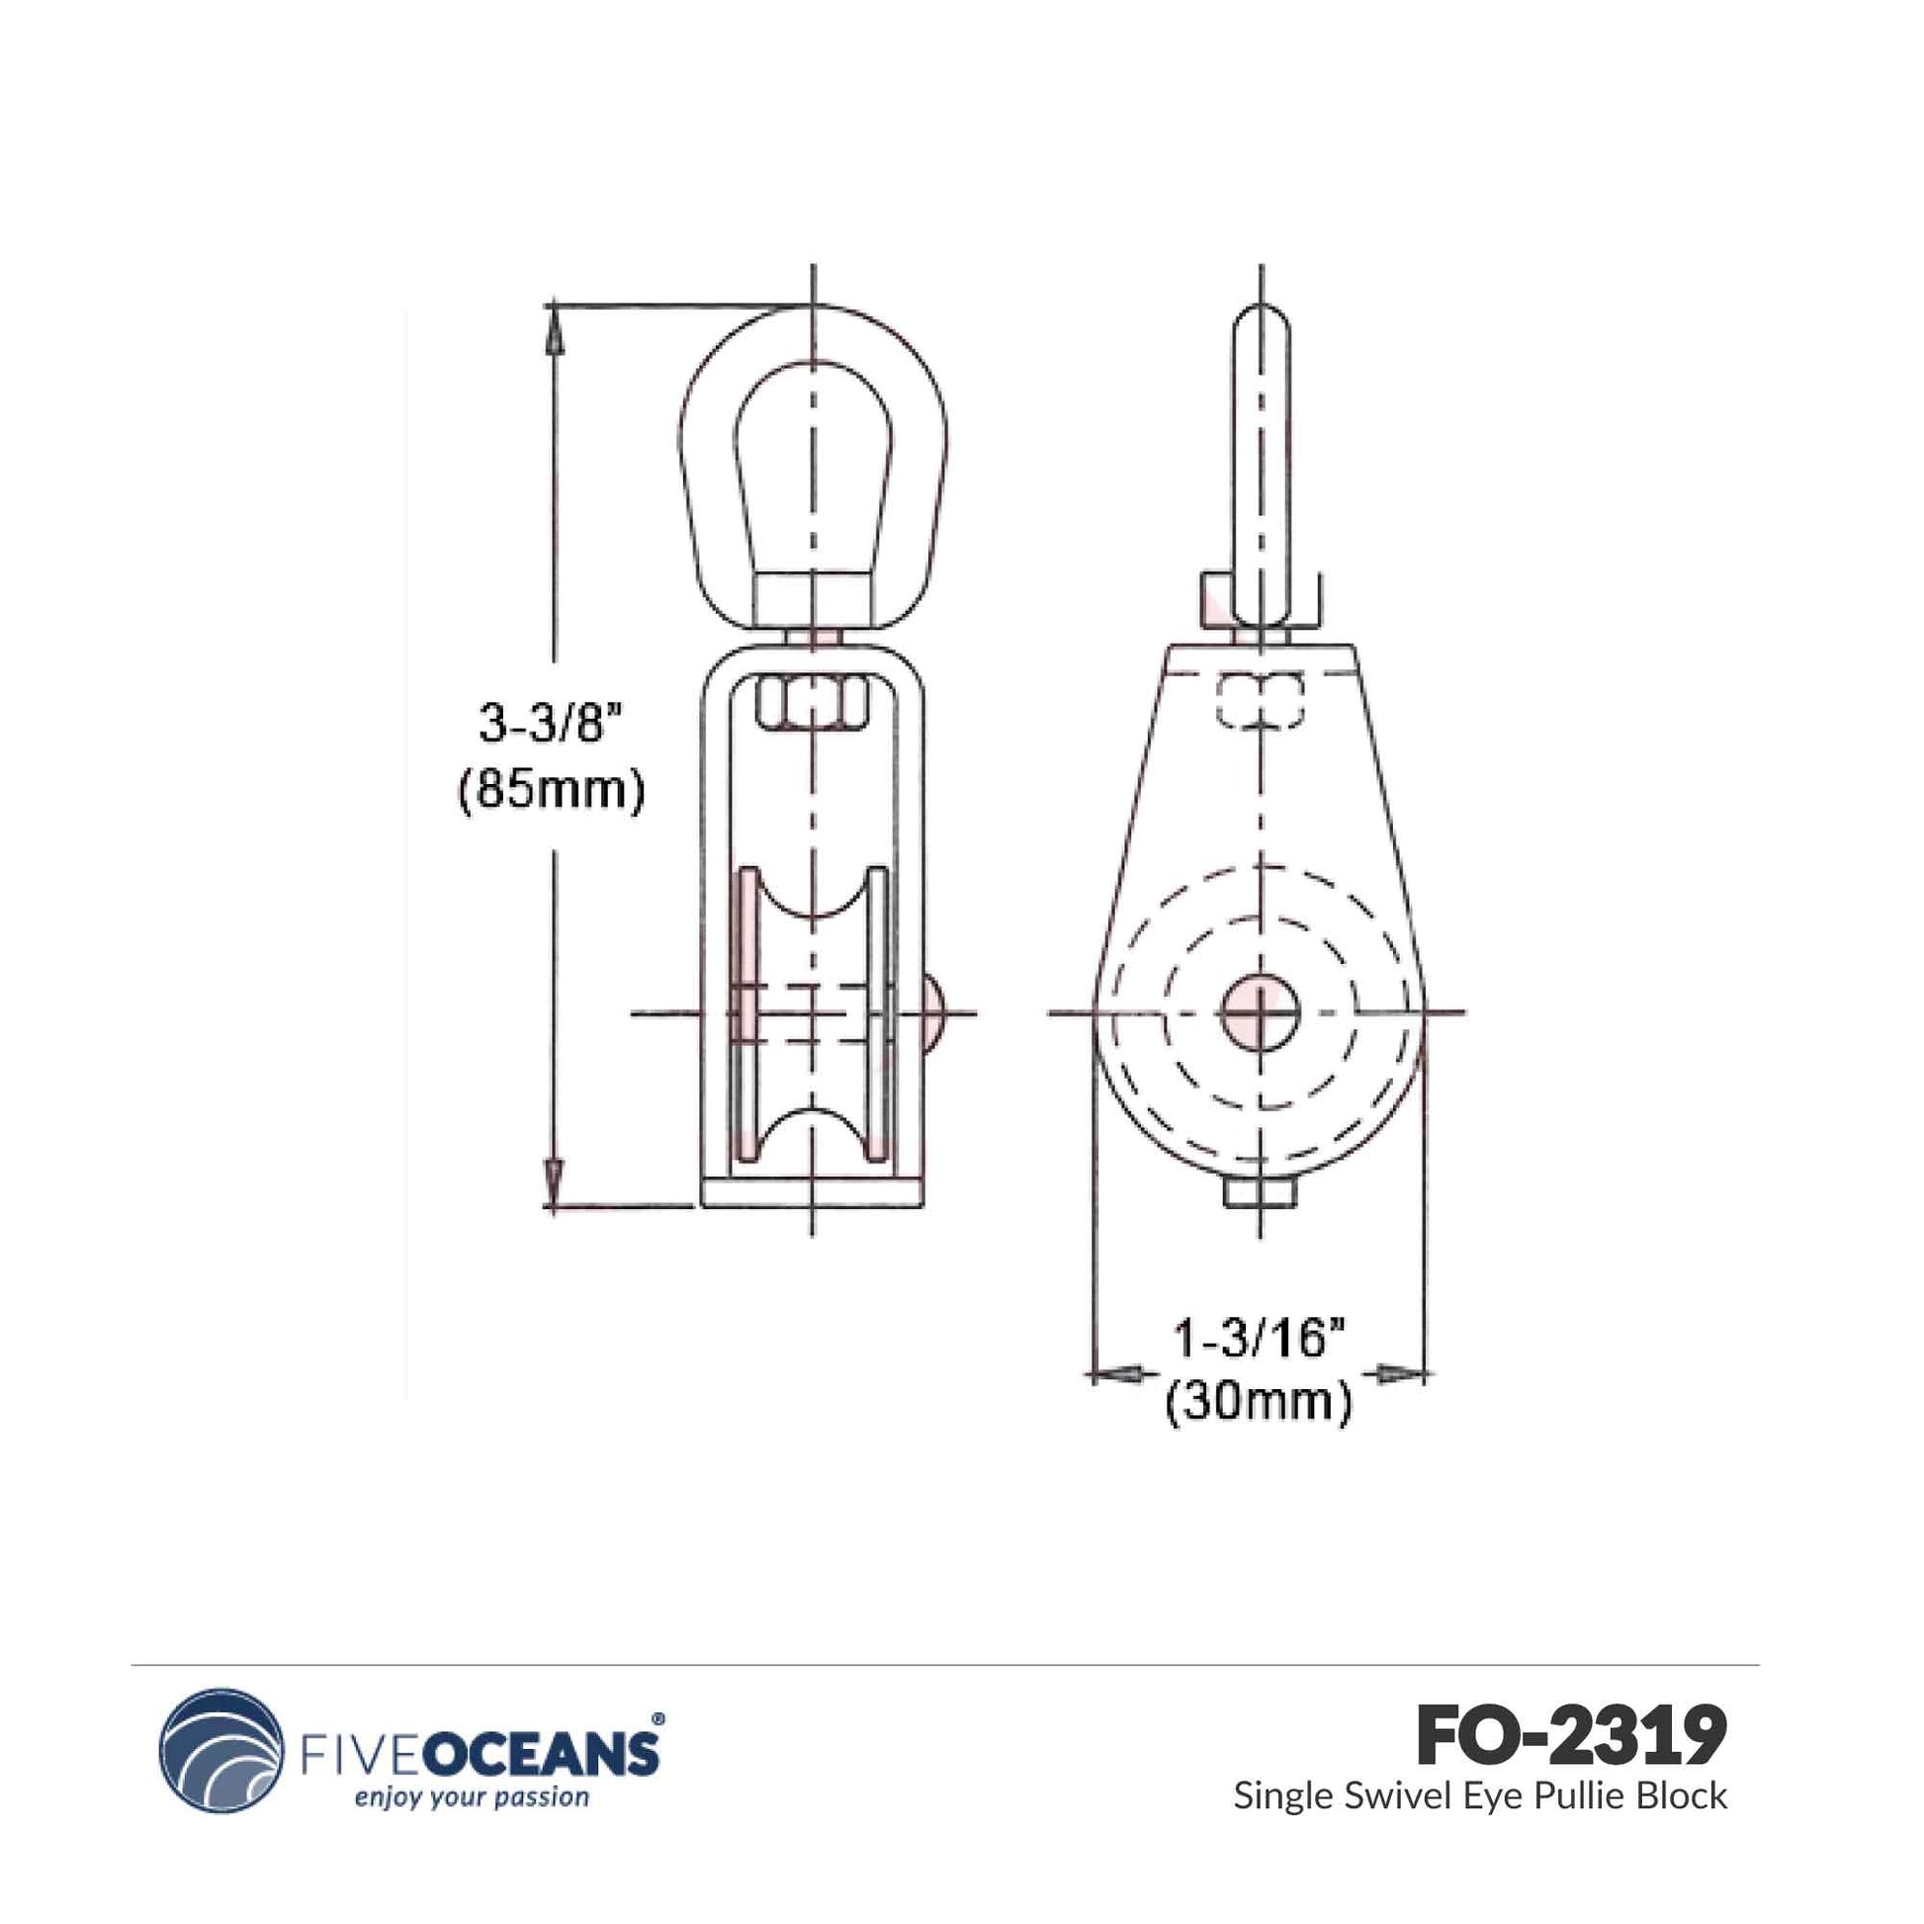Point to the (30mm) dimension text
coord(1259,1403)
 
